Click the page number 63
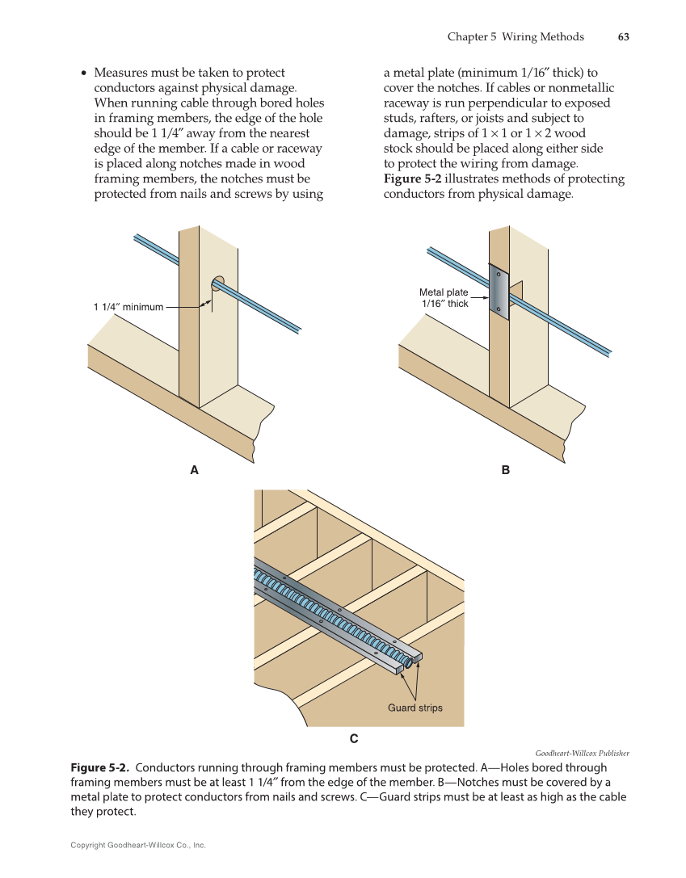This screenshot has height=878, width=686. (623, 37)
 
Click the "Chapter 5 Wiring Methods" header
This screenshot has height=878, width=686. (515, 37)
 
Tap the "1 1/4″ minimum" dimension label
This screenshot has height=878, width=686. (128, 307)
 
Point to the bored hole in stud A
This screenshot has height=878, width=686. (217, 283)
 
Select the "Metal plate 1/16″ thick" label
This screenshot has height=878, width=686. (444, 298)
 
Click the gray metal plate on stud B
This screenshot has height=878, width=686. (498, 292)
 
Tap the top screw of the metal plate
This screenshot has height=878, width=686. (499, 275)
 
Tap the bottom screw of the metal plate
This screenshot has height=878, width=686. (499, 309)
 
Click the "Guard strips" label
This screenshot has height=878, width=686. (415, 708)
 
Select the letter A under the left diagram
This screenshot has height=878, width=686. (194, 469)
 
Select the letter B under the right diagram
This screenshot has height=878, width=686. (506, 469)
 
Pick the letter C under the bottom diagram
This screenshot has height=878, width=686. (353, 738)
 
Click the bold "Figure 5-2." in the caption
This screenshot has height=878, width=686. (101, 767)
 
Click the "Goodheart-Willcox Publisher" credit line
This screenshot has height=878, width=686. (582, 753)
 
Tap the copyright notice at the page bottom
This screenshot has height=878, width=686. (138, 845)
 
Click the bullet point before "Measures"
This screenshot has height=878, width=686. (83, 74)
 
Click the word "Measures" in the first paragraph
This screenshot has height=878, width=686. (123, 73)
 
